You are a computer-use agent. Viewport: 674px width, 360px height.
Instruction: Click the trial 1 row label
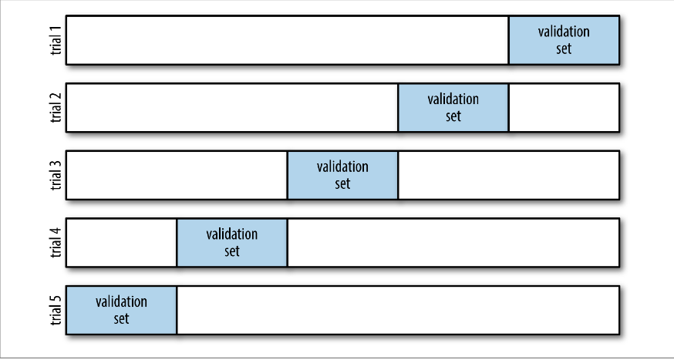[56, 40]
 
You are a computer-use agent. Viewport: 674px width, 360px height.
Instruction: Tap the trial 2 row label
[56, 108]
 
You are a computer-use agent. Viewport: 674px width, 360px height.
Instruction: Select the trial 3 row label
[56, 175]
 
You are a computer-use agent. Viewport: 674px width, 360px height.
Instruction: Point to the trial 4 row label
[56, 243]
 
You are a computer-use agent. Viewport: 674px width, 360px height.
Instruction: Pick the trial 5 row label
[56, 310]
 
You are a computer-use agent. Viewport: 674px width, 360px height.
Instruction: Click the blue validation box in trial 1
[564, 40]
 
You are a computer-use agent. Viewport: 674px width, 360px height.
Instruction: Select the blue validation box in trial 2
[453, 108]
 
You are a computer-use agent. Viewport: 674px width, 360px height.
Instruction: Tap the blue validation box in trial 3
[342, 175]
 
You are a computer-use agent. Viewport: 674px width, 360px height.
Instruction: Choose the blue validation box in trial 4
[232, 243]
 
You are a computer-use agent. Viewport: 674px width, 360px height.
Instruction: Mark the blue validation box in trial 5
[121, 310]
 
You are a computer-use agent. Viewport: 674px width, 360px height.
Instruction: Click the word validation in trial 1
[564, 32]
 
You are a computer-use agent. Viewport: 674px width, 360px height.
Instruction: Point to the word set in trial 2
[453, 116]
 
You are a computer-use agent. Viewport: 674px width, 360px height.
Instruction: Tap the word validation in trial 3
[342, 167]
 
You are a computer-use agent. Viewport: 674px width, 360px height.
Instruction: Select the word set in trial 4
[232, 251]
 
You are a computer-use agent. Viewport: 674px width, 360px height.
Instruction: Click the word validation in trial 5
[121, 301]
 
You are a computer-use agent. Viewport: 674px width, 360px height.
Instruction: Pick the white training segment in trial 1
[287, 40]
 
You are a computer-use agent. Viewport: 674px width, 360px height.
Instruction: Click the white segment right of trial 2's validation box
[564, 108]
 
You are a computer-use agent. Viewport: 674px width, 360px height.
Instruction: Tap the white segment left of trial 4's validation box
[121, 243]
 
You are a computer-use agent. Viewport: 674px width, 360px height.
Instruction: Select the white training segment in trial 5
[398, 310]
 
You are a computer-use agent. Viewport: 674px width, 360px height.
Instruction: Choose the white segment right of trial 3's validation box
[509, 175]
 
